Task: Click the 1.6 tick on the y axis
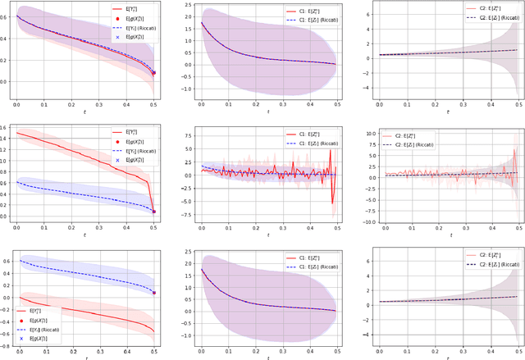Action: click(x=6, y=128)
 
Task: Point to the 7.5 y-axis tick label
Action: click(x=185, y=130)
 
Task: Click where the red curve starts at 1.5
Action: click(x=17, y=133)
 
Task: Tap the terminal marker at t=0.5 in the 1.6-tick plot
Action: click(x=155, y=212)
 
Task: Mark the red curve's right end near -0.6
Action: click(x=155, y=332)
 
